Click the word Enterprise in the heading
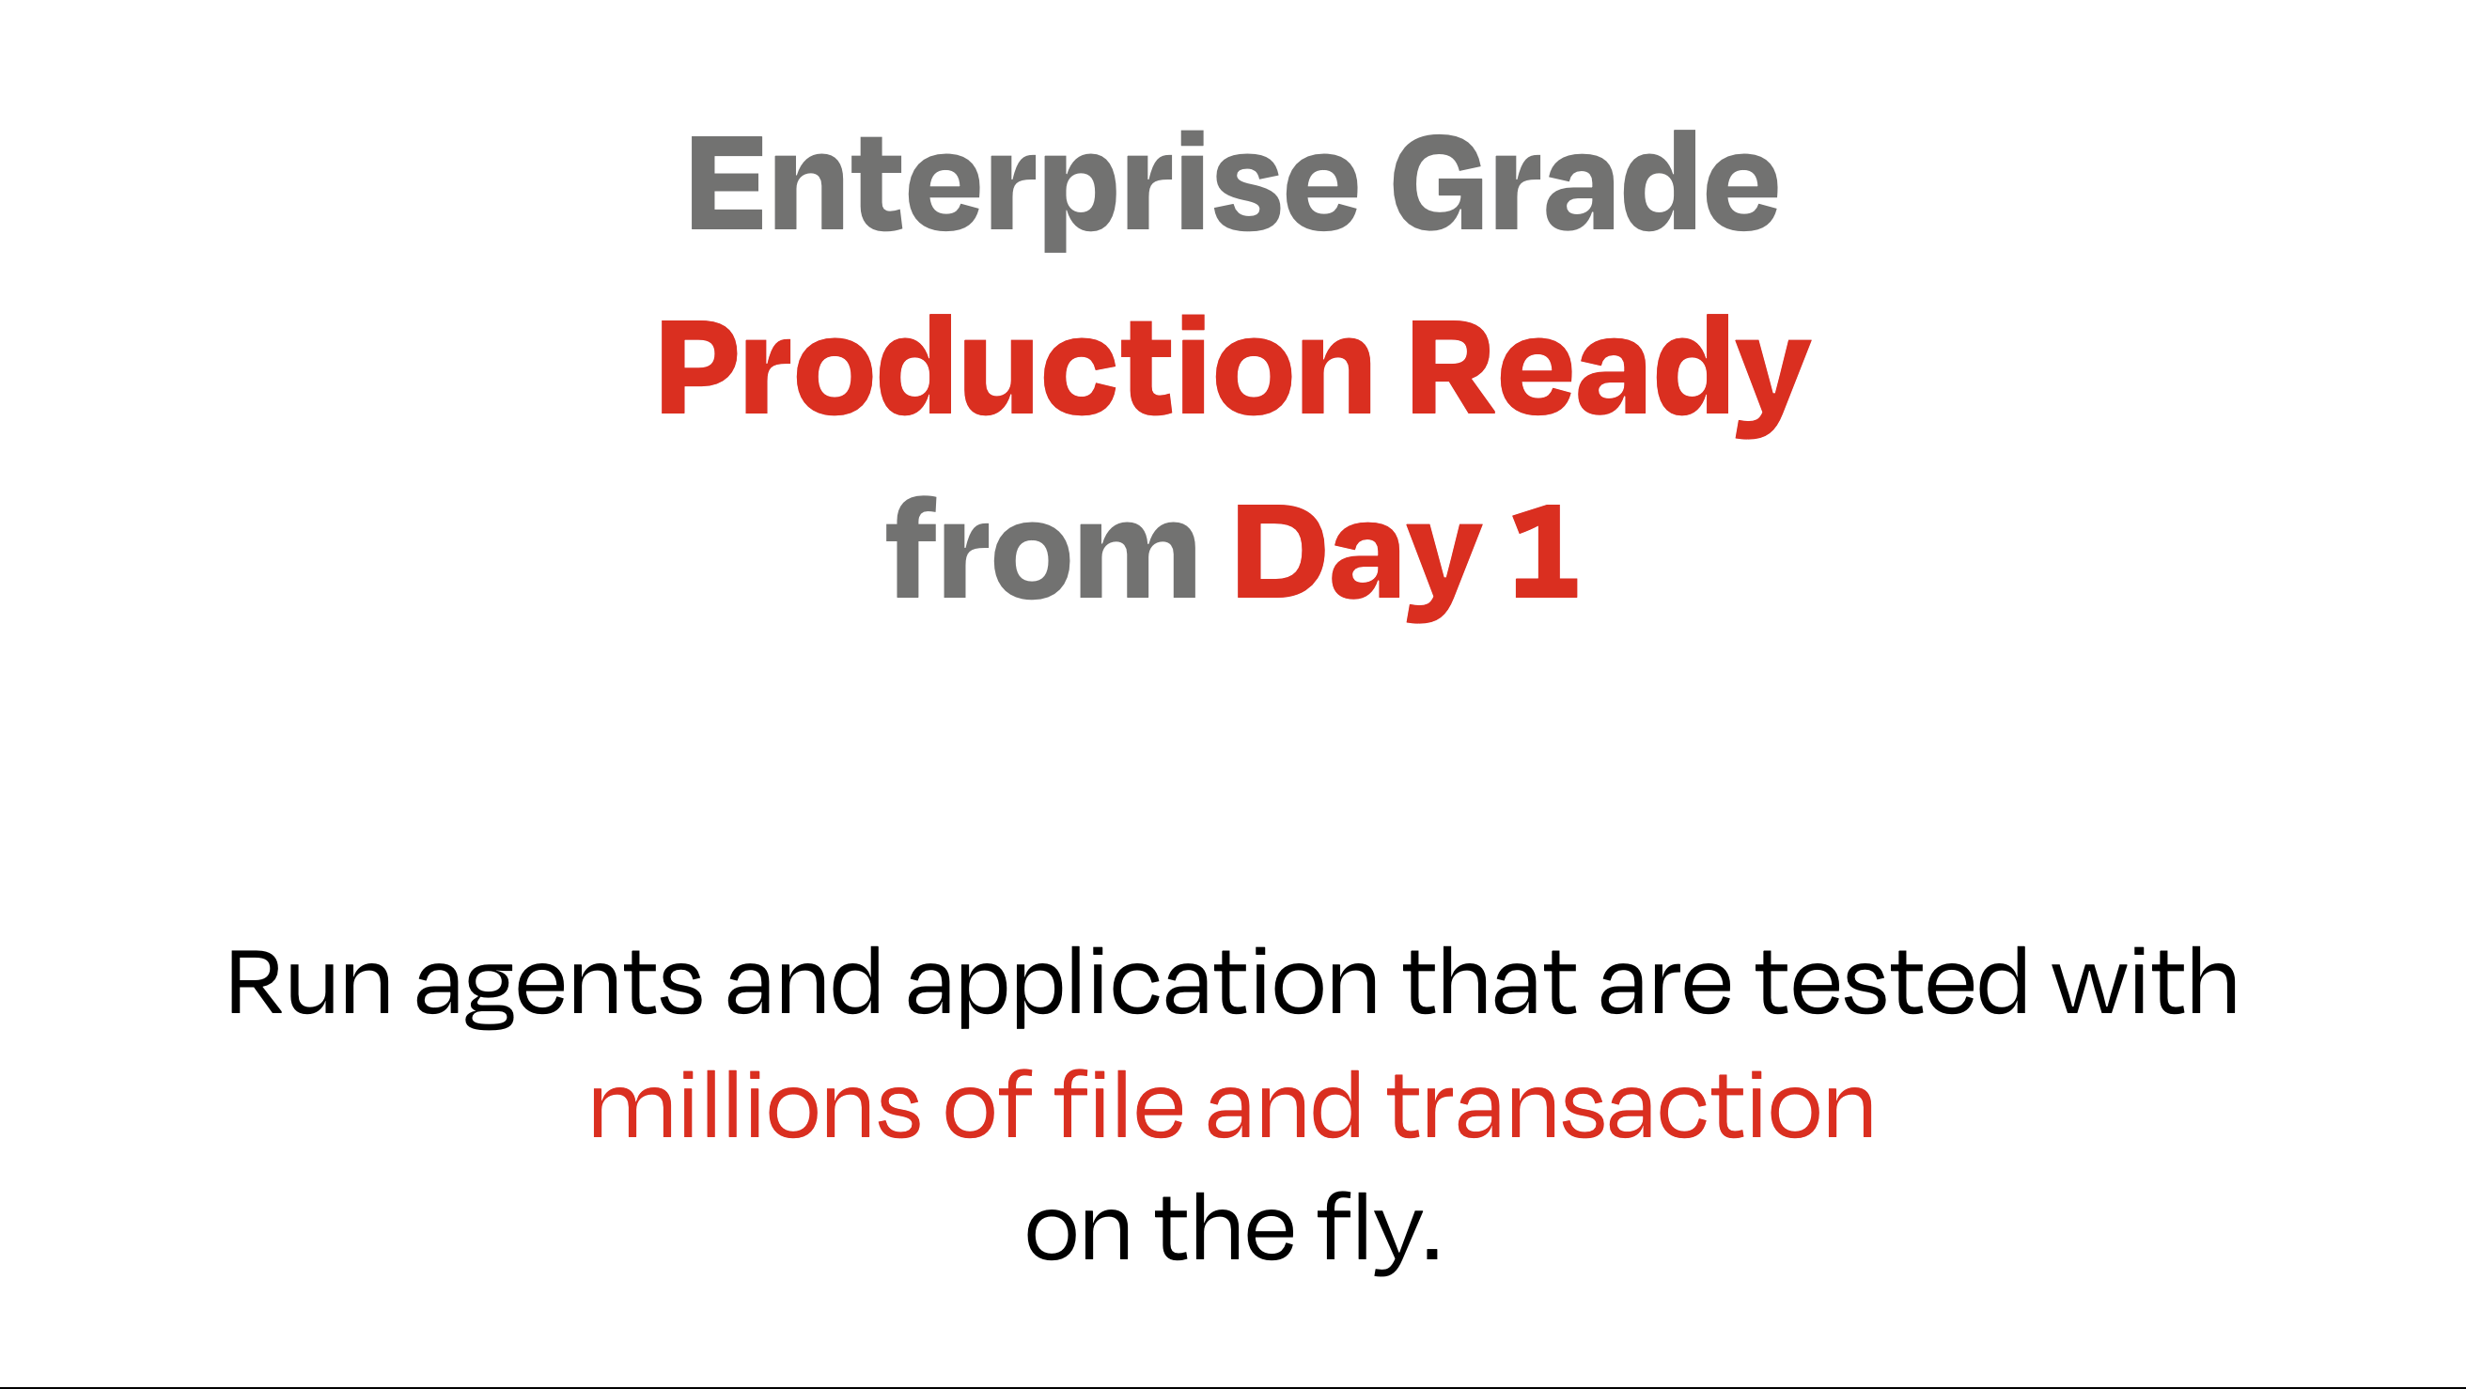tap(1023, 190)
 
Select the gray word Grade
tap(1584, 182)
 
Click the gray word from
tap(1042, 549)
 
